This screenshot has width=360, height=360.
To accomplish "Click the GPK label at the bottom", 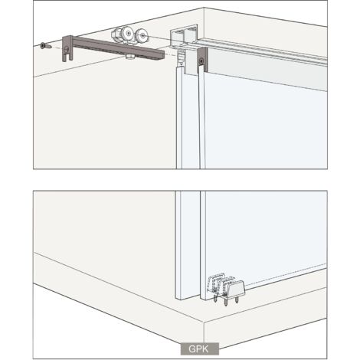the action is click(199, 349).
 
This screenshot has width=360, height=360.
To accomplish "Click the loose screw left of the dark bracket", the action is click(46, 47).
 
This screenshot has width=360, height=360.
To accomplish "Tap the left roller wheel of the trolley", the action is click(127, 33).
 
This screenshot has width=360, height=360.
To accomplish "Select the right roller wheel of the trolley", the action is click(142, 36).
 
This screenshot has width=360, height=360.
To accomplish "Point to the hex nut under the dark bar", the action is click(130, 57).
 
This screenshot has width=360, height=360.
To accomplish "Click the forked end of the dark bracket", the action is click(67, 57).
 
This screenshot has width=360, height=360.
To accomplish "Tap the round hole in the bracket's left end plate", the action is click(67, 49).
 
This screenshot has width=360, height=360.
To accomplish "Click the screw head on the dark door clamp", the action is click(201, 61).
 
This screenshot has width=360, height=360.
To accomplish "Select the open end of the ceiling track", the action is click(183, 36).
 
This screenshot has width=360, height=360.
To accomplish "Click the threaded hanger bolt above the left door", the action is click(182, 57).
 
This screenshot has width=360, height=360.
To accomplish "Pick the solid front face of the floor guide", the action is click(236, 287).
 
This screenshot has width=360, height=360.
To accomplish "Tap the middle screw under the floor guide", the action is click(226, 301).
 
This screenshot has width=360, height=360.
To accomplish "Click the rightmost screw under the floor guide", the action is click(237, 299).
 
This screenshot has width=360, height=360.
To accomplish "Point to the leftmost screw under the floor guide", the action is click(216, 298).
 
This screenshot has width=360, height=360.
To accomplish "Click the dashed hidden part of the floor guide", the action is click(218, 282).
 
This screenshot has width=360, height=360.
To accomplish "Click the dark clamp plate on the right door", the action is click(202, 59).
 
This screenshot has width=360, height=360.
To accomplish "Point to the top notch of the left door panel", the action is click(180, 68).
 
